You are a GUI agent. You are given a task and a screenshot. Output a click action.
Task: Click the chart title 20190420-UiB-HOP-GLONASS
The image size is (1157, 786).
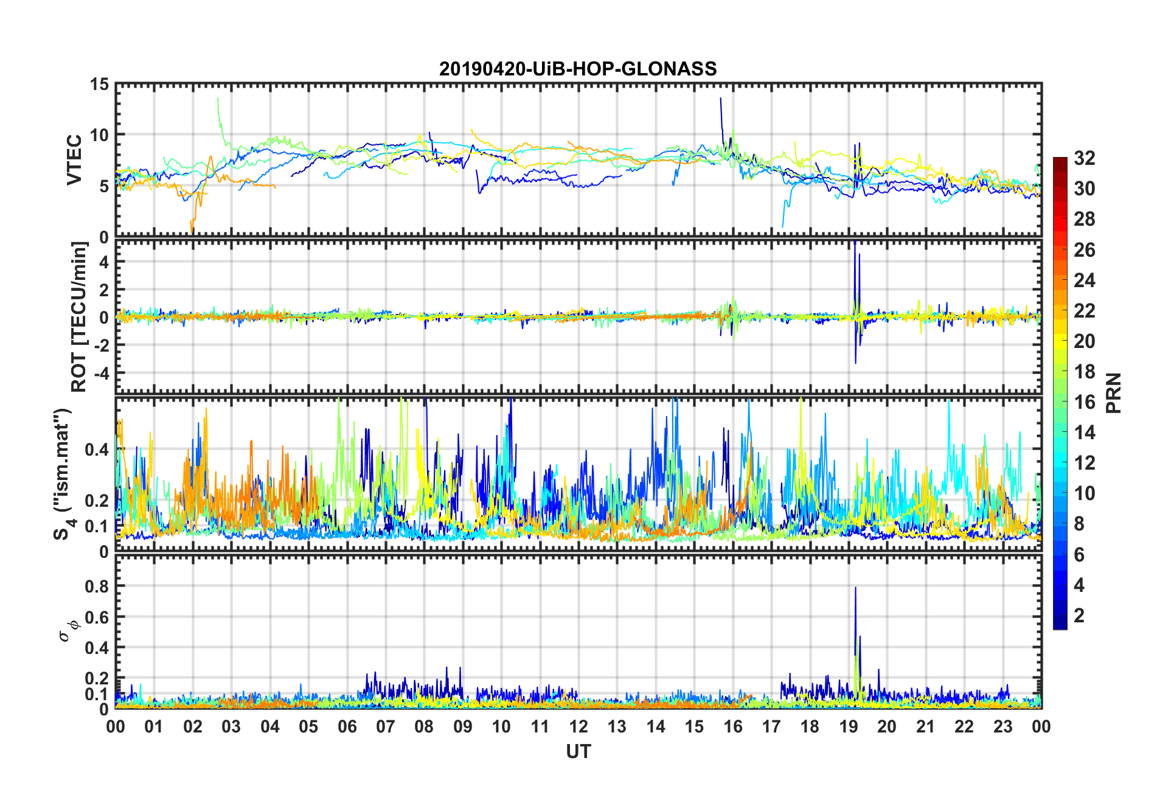click(578, 69)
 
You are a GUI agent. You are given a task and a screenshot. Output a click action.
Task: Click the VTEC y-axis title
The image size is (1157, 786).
click(74, 160)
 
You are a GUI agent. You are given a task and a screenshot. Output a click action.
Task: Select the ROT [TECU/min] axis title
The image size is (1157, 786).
click(80, 316)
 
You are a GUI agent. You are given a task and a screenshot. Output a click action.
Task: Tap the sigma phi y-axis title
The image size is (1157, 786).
click(68, 630)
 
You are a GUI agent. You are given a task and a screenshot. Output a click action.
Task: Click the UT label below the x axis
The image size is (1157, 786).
click(578, 753)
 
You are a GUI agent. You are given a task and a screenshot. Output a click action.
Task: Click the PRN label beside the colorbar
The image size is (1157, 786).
click(1114, 393)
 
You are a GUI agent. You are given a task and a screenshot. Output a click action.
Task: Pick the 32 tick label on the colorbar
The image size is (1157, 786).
click(1084, 158)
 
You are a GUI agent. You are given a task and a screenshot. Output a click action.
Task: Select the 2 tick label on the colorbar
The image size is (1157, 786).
click(1079, 616)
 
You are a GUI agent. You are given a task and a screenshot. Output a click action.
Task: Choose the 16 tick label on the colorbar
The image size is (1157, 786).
click(1084, 402)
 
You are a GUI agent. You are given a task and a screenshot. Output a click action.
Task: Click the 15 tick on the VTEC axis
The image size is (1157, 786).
click(99, 85)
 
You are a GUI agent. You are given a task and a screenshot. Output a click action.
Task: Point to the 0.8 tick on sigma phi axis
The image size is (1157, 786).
click(97, 586)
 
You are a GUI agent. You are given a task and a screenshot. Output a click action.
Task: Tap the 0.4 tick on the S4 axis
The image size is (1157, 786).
click(97, 450)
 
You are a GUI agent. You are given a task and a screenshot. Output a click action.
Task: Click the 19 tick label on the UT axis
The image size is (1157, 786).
click(848, 727)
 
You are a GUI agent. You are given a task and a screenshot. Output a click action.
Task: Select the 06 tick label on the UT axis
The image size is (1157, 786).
click(347, 727)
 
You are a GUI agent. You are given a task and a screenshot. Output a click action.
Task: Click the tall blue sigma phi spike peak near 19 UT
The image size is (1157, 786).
click(855, 588)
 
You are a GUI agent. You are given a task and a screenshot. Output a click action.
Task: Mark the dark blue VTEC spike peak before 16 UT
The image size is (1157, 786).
click(721, 98)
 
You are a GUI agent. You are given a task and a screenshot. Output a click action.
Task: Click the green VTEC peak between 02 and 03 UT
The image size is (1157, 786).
click(218, 98)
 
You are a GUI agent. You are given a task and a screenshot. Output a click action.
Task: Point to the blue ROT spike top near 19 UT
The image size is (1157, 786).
click(855, 242)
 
